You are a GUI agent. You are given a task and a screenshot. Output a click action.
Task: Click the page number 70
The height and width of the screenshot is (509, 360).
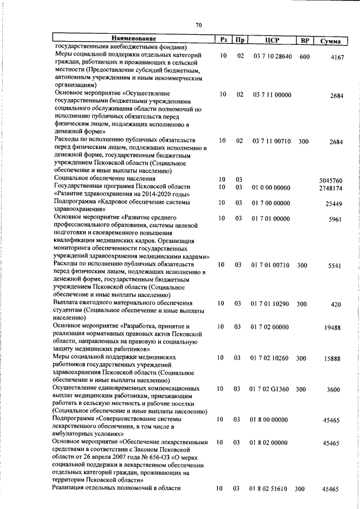pyautogui.click(x=198, y=25)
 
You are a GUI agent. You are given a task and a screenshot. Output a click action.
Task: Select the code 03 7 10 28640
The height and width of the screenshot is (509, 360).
pyautogui.click(x=272, y=56)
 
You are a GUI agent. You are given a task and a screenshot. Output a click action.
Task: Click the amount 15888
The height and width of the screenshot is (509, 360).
pyautogui.click(x=334, y=358)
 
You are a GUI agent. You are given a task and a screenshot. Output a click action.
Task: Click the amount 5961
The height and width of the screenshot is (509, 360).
pyautogui.click(x=336, y=219)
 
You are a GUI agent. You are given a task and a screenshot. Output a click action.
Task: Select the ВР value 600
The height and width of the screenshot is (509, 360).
pyautogui.click(x=304, y=56)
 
